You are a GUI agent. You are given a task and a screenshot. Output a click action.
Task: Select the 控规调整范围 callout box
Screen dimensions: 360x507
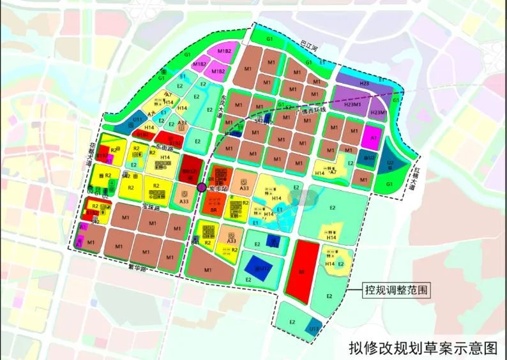click(x=392, y=289)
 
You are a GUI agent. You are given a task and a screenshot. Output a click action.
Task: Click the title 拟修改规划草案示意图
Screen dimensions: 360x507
click(x=422, y=348)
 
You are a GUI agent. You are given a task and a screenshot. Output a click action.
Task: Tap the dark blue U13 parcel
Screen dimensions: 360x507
click(x=314, y=327)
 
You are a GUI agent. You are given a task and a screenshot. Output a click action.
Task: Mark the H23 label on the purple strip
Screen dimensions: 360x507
click(x=365, y=84)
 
